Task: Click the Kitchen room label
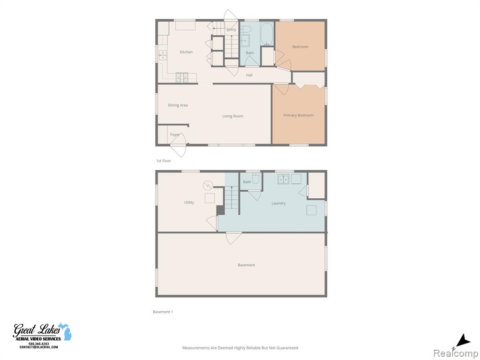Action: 186,52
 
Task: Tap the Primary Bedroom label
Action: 299,115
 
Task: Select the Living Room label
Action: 232,116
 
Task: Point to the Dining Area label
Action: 178,105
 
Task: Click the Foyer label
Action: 175,135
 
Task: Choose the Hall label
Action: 249,75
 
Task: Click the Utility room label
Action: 189,202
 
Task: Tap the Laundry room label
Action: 278,203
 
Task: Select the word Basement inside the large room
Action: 247,265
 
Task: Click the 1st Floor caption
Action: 164,161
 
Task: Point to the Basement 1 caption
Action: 163,312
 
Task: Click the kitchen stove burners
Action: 182,77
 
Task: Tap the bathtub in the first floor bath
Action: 267,34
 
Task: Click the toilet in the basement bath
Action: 255,179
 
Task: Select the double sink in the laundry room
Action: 284,179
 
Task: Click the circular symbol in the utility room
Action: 208,185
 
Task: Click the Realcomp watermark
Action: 455,353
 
